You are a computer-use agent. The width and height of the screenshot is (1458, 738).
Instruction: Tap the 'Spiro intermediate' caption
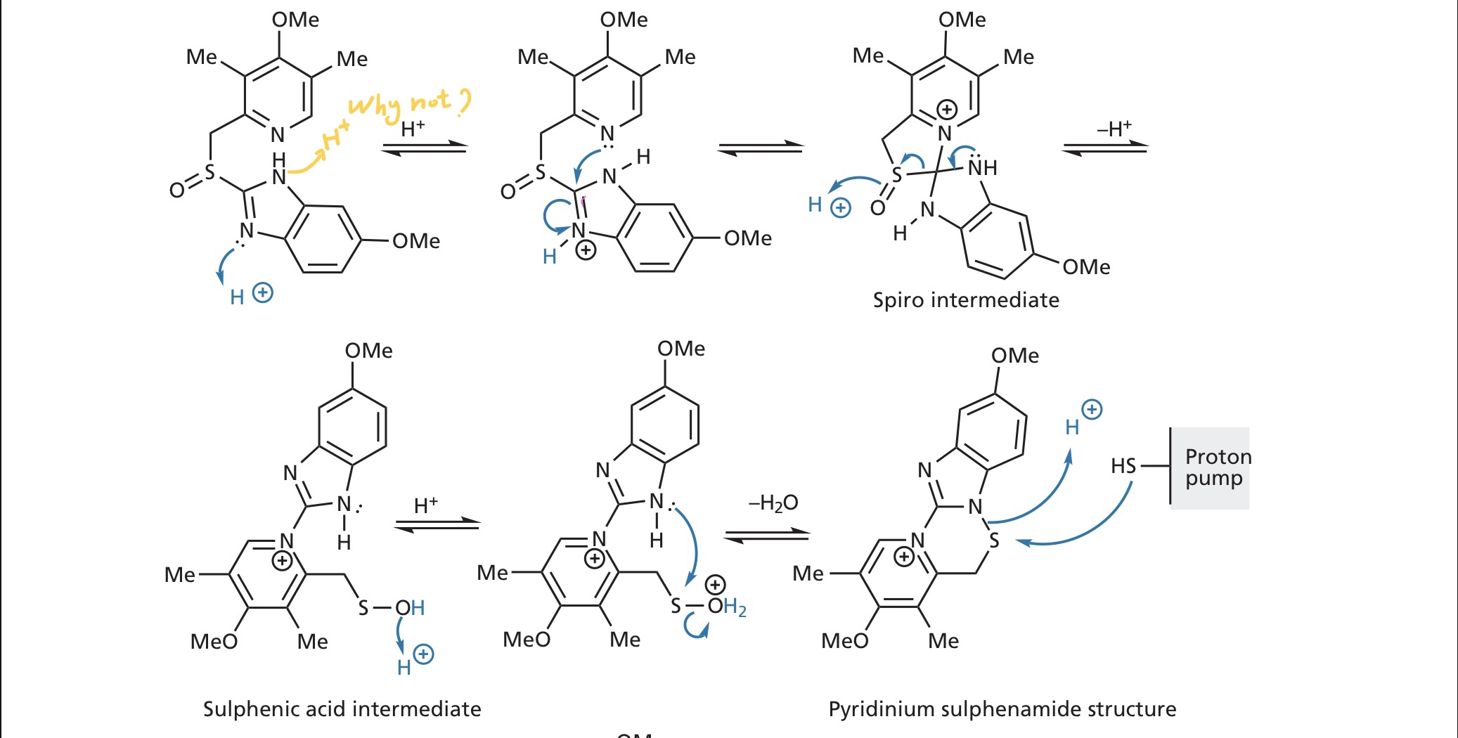(x=965, y=300)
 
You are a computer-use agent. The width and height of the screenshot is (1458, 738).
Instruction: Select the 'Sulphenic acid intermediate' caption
(x=342, y=708)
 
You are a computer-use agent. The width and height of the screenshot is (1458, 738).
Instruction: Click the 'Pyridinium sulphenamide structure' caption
(x=1002, y=708)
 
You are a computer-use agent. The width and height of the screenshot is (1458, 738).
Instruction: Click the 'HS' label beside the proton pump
(x=1123, y=466)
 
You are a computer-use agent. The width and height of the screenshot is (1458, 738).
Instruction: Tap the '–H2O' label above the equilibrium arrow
(x=773, y=503)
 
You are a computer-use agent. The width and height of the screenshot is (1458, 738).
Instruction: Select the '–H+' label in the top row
(x=1114, y=129)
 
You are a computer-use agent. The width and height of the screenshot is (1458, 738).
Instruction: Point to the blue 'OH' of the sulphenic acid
(x=410, y=608)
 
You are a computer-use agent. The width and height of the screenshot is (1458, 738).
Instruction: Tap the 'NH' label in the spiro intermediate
(x=982, y=168)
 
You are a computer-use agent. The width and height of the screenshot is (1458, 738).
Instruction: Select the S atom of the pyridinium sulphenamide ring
(x=994, y=540)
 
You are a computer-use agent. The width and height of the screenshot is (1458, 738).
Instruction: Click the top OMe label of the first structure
(x=295, y=20)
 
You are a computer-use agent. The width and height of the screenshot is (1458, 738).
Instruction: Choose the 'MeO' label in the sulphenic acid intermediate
(x=214, y=641)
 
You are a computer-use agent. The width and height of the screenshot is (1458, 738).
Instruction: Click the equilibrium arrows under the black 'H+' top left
(x=425, y=148)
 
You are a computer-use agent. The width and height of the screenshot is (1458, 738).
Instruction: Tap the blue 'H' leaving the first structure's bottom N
(x=237, y=297)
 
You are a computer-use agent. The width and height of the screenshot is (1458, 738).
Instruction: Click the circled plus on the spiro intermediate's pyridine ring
(x=947, y=110)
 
